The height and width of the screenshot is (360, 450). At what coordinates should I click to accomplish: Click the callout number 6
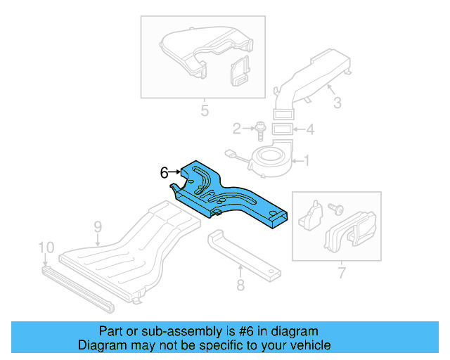coord(164,172)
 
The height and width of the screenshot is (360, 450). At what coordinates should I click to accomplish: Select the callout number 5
coord(204,110)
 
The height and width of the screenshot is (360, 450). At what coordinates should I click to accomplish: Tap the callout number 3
coord(337,103)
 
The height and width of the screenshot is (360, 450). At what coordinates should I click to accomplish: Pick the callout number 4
coord(310,129)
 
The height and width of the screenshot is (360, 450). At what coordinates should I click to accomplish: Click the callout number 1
coord(304,161)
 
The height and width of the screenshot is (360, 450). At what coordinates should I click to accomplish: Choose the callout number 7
coord(342,271)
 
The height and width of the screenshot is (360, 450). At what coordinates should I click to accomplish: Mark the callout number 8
coord(240,285)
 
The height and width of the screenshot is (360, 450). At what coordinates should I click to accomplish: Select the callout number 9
coord(98,226)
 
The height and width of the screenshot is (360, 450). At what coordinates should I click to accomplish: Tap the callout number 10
coord(46,247)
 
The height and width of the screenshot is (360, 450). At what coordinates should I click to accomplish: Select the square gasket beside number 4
coord(282,129)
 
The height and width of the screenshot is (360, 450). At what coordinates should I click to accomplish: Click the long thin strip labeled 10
coord(77,287)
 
